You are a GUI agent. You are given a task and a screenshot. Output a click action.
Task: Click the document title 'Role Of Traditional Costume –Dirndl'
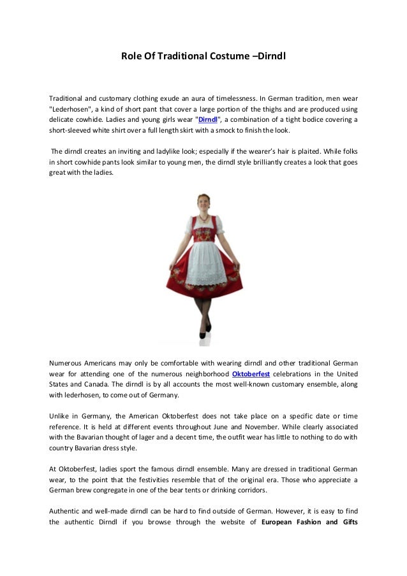204,57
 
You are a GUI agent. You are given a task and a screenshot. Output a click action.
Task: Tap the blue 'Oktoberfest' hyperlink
251,374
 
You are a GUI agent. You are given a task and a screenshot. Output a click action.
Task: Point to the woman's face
204,203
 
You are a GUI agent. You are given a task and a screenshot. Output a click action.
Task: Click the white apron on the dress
204,262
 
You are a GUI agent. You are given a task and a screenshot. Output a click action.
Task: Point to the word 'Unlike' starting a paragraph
60,416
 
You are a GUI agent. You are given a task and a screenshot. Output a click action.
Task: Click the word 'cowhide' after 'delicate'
90,119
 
